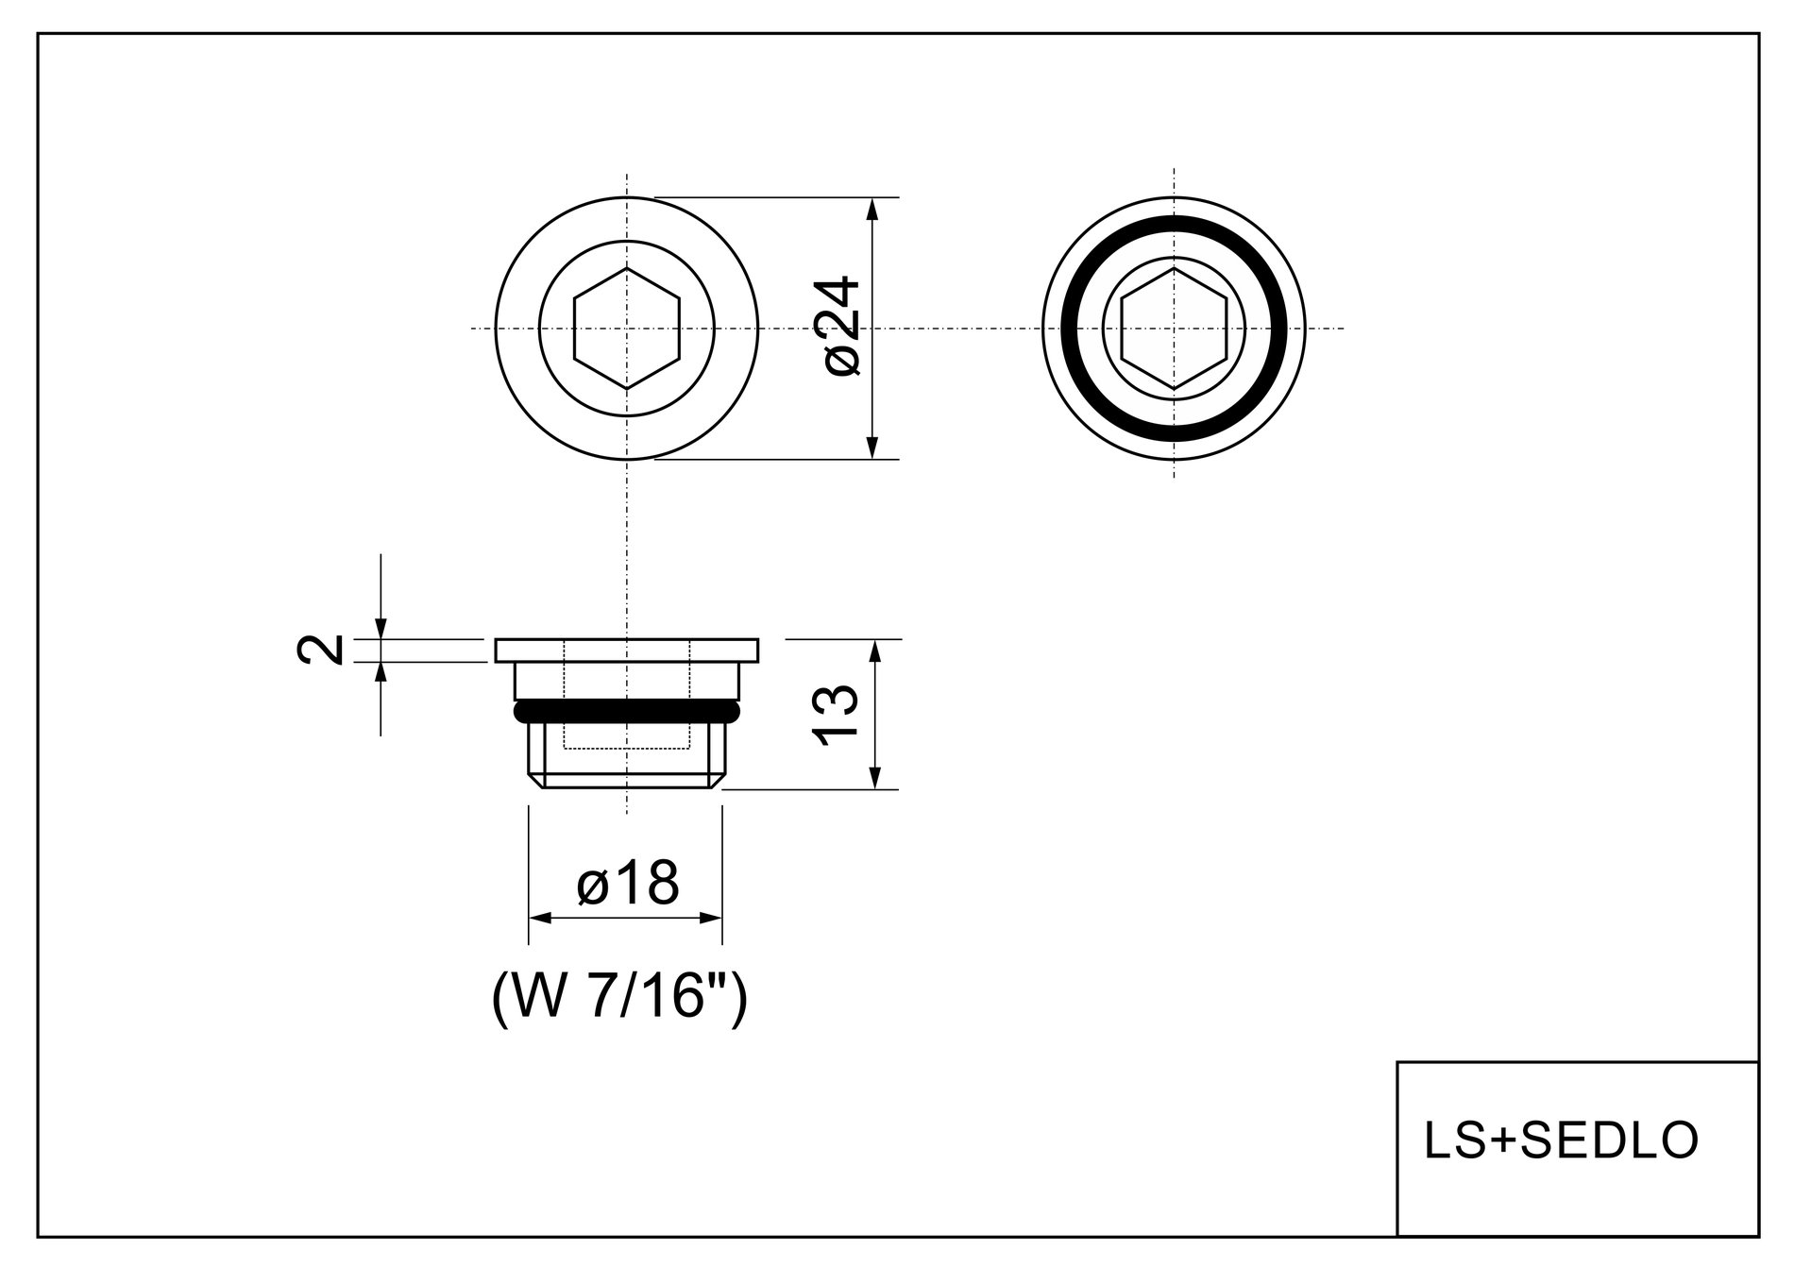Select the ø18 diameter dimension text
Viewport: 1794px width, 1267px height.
click(628, 884)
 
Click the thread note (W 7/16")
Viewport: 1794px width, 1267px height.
click(620, 998)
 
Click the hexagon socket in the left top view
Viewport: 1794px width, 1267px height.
click(627, 328)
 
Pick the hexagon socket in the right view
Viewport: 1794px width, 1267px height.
click(1174, 328)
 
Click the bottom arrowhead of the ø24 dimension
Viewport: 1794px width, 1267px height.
click(873, 448)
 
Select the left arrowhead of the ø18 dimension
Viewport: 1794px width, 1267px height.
click(539, 918)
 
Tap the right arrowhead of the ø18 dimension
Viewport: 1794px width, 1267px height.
click(711, 918)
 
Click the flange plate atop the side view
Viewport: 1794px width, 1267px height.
click(627, 650)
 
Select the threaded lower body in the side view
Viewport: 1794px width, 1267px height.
click(627, 755)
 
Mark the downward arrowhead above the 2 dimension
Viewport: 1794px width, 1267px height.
click(381, 628)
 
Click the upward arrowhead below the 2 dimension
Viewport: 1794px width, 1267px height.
click(381, 673)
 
